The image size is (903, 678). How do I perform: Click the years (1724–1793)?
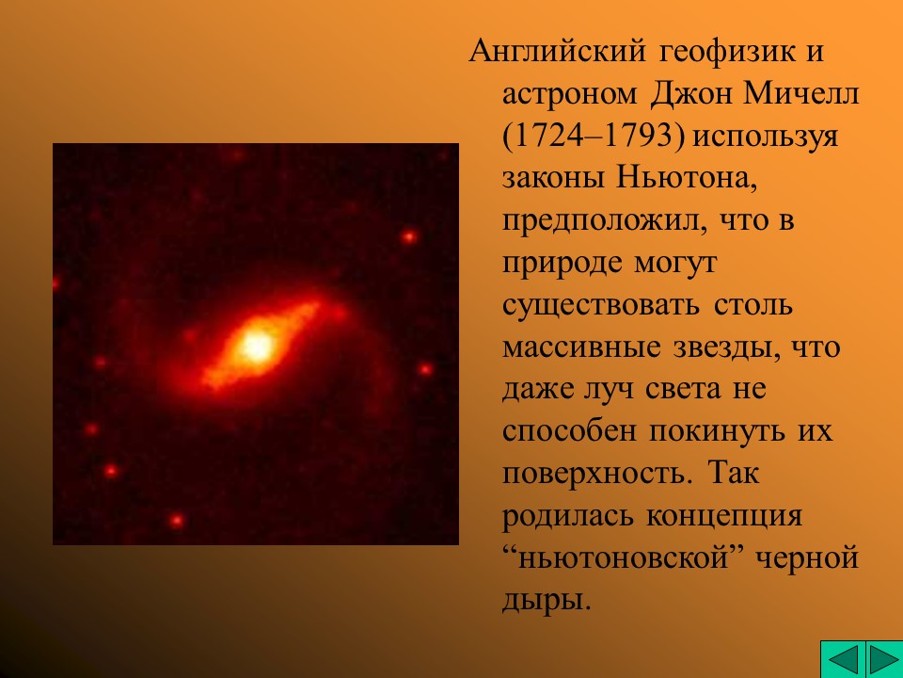point(597,137)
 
